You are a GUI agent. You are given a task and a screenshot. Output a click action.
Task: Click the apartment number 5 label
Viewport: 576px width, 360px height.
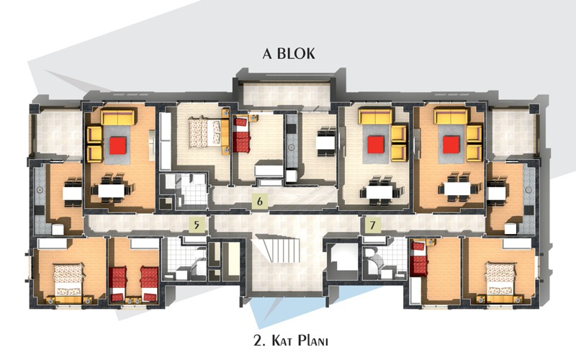pos(197,225)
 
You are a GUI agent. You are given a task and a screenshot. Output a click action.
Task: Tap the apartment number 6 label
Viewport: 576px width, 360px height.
pos(260,202)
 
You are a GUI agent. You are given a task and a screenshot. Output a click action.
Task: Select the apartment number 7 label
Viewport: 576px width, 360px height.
pos(373,225)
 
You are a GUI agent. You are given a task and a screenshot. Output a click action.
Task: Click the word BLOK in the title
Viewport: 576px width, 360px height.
pos(296,53)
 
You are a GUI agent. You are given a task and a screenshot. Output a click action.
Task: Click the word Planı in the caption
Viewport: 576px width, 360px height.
pos(312,341)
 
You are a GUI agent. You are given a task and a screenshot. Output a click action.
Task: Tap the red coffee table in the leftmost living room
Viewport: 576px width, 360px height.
pos(118,145)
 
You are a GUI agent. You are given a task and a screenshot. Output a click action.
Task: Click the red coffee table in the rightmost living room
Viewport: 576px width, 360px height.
pos(451,145)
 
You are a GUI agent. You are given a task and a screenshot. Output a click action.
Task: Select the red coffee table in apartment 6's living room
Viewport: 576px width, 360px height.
pos(376,145)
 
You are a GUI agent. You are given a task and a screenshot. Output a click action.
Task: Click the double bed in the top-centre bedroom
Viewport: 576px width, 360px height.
pos(204,132)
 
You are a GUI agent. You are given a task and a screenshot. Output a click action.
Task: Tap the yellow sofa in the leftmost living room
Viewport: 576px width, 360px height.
pos(118,117)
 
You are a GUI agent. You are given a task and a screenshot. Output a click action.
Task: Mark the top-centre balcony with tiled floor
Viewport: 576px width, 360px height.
pos(286,95)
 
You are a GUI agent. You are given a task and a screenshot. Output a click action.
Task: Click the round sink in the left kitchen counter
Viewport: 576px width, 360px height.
pos(40,190)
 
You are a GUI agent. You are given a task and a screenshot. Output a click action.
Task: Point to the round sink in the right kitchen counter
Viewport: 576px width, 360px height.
pos(528,190)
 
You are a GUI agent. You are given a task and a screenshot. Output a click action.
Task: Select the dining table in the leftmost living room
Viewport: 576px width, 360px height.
pos(112,190)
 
